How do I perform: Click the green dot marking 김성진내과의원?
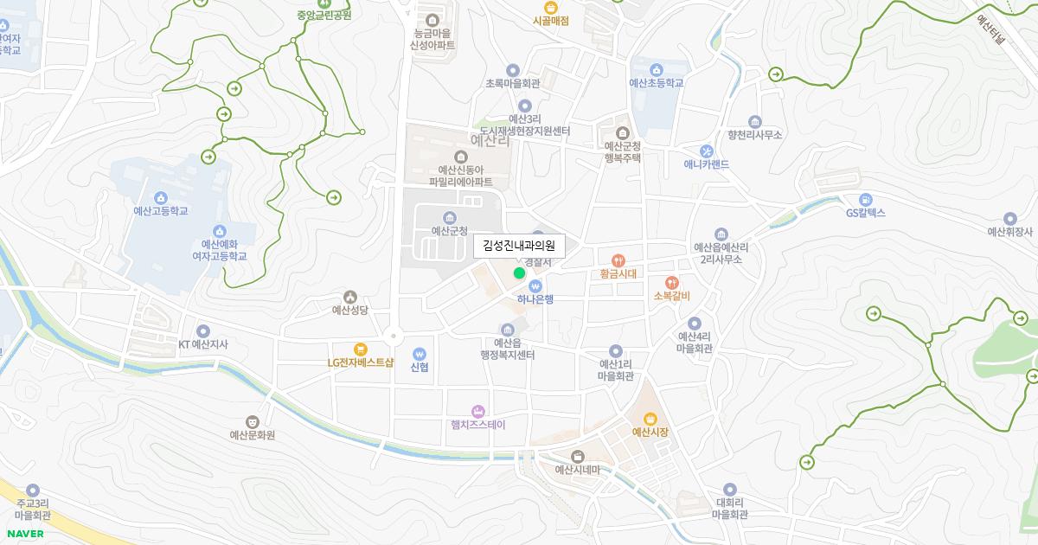pos(519,273)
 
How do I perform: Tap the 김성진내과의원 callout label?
pos(519,247)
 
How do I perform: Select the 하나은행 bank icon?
pos(535,285)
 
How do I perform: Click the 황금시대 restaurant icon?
pos(618,260)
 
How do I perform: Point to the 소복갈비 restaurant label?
pos(671,296)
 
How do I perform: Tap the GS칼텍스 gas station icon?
pos(866,199)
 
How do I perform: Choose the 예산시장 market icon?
pos(650,417)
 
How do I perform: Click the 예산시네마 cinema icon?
pos(578,456)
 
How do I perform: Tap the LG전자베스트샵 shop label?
pos(361,362)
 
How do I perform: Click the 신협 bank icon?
pos(420,353)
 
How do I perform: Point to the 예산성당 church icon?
pos(350,297)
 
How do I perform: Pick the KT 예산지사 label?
pos(203,344)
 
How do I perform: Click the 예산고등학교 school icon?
pos(160,197)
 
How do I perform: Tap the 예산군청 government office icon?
pos(449,217)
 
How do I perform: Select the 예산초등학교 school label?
pos(657,83)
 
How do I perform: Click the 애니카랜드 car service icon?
pos(707,151)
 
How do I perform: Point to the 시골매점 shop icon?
pos(550,7)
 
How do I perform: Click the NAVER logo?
pos(25,534)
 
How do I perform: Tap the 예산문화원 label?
pos(252,435)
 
